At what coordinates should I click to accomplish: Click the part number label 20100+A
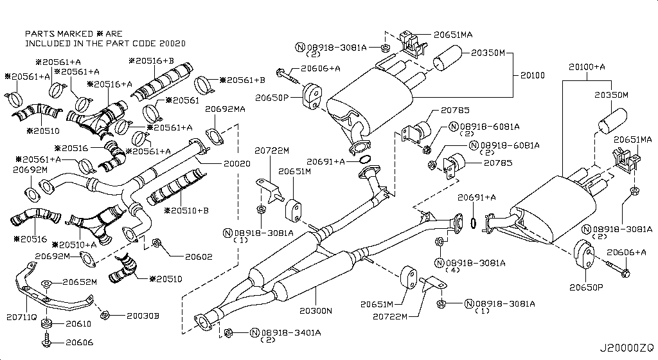[587, 66]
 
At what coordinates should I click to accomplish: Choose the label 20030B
[143, 316]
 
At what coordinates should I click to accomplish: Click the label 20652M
[80, 282]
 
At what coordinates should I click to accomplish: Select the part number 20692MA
[225, 109]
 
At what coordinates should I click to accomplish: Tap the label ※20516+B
[151, 60]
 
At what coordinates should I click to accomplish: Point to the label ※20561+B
[242, 80]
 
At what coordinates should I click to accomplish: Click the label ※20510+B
[186, 210]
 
